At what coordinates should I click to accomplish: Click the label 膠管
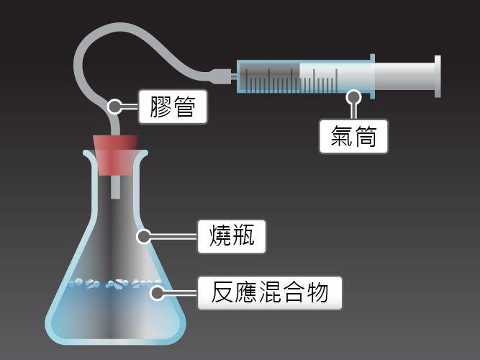[173, 107]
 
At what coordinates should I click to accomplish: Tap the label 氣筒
[353, 136]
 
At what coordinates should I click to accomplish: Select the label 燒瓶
[232, 236]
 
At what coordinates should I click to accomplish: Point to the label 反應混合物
[270, 293]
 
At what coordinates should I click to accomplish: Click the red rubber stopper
[115, 155]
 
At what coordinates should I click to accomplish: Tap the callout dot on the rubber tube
[114, 107]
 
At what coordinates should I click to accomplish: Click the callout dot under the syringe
[353, 97]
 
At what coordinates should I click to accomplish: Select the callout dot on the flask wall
[144, 237]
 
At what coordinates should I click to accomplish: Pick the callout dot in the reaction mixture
[158, 293]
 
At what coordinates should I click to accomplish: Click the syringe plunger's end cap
[438, 76]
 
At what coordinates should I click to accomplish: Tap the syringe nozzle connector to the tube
[220, 76]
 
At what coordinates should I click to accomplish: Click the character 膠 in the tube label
[160, 107]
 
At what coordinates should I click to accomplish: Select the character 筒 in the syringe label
[366, 136]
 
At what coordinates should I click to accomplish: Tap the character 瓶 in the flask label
[244, 236]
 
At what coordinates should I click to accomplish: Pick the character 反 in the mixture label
[222, 293]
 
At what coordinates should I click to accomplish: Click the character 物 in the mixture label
[317, 293]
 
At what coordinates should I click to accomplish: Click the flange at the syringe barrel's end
[372, 76]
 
